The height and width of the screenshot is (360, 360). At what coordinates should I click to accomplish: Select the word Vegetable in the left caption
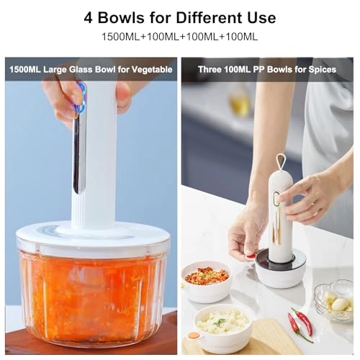(x=148, y=70)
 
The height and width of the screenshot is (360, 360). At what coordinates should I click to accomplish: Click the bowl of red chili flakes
(x=206, y=276)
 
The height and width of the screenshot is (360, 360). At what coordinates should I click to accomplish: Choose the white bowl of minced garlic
(x=223, y=322)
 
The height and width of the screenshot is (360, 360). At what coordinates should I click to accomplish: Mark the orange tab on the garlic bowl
(x=194, y=334)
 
